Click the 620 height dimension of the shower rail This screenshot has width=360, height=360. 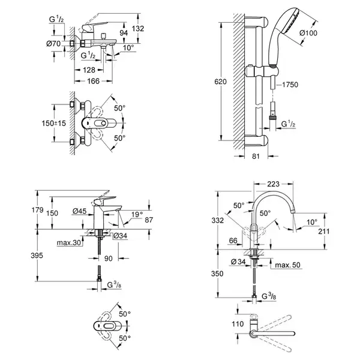(x=220, y=82)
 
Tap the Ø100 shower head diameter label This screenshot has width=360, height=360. (x=308, y=33)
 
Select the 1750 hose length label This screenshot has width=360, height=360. (x=290, y=85)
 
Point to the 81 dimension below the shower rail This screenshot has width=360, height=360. (x=256, y=157)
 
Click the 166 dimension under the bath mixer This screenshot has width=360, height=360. (x=94, y=81)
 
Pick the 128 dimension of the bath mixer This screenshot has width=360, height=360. (x=89, y=70)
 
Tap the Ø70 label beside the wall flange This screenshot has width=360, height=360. (x=53, y=43)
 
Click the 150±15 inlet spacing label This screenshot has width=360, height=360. (x=53, y=123)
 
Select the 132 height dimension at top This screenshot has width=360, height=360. (x=138, y=28)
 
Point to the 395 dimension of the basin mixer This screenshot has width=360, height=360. (x=37, y=256)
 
